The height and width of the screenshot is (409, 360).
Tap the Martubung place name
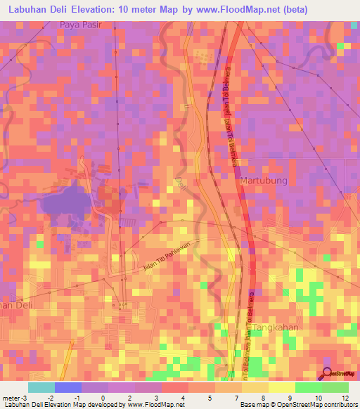[264, 181]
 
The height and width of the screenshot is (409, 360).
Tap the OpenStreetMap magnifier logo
[327, 373]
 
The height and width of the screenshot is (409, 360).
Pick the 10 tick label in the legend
[320, 398]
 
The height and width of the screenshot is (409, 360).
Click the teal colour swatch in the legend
[41, 387]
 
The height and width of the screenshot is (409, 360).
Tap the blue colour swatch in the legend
[67, 387]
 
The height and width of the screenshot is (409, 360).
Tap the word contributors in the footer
[339, 405]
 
